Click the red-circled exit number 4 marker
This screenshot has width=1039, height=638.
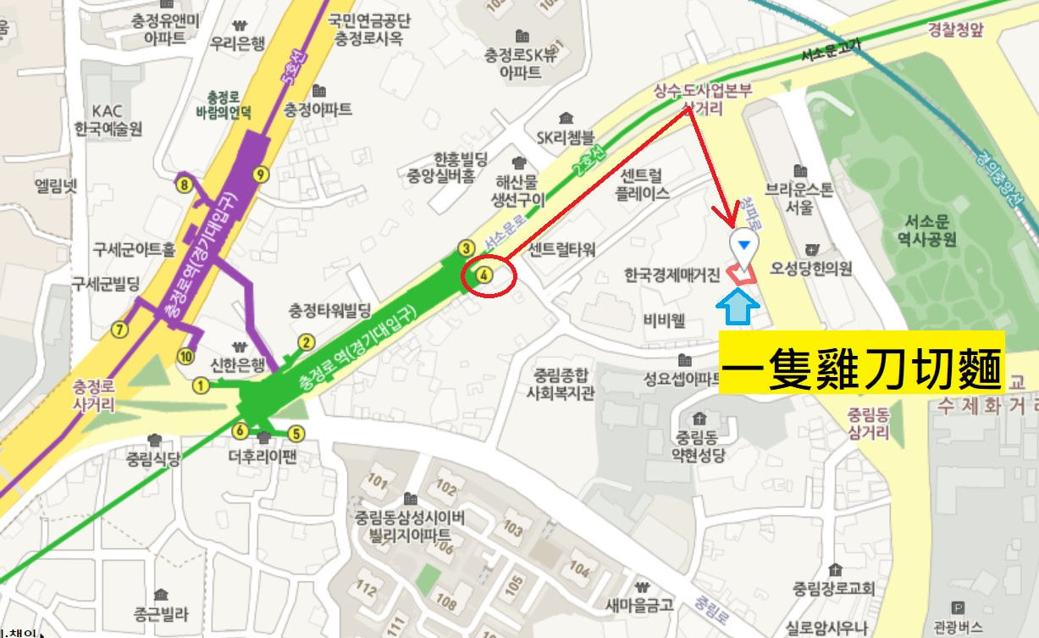[483, 275]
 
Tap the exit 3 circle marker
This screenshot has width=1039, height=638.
[466, 248]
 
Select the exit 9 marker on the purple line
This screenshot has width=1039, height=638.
[260, 175]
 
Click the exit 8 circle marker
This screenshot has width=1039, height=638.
[183, 183]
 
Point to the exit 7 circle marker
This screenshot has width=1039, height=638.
[119, 329]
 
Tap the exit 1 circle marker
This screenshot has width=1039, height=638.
[201, 386]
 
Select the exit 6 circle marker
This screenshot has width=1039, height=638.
[240, 431]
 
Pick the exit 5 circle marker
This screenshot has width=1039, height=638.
[296, 434]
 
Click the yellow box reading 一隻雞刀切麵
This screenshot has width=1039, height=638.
[861, 363]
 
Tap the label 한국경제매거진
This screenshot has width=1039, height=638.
[672, 275]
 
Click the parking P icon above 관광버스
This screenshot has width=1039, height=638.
[958, 607]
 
